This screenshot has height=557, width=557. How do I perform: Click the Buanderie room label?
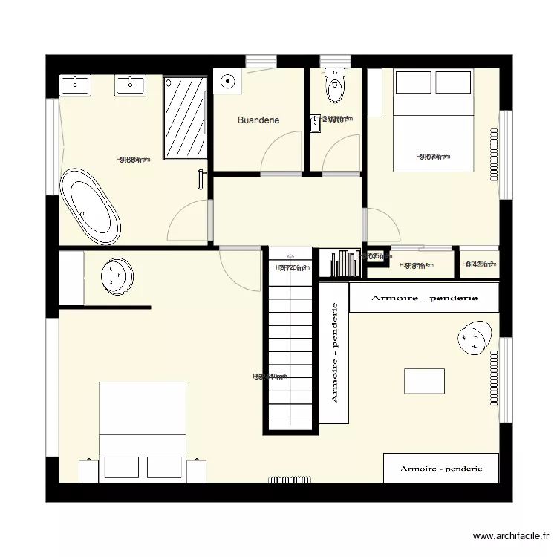point(258,120)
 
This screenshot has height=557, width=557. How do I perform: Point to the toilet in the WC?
point(335,87)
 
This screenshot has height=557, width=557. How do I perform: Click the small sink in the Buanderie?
point(229,82)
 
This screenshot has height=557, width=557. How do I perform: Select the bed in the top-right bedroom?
point(433,119)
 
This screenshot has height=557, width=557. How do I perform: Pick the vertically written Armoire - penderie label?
point(334,352)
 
